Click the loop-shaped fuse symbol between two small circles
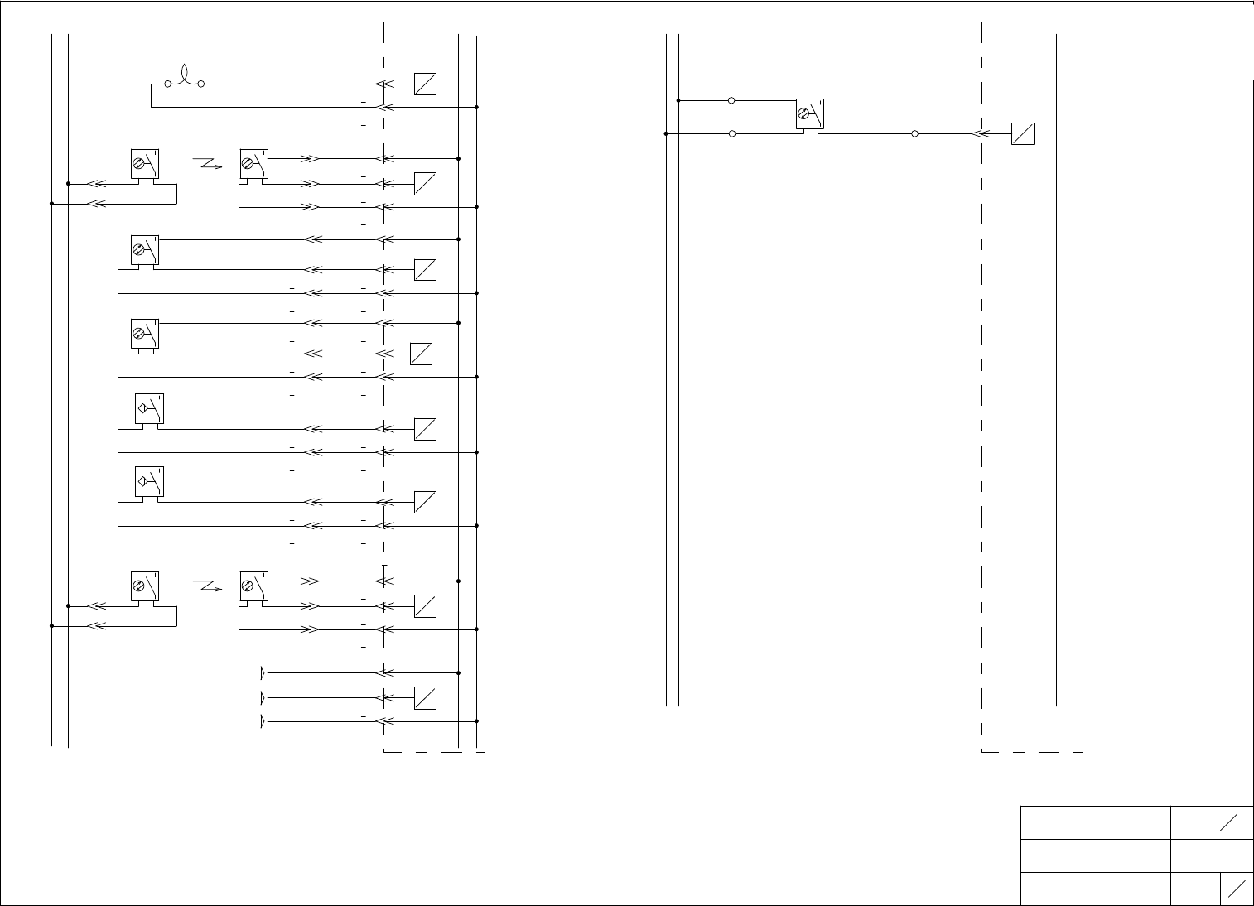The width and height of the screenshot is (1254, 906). [x=185, y=76]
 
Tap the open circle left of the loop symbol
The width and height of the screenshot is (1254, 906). [x=168, y=84]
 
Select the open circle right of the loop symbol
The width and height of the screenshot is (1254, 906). [x=201, y=84]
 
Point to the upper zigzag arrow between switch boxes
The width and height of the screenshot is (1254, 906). [x=207, y=163]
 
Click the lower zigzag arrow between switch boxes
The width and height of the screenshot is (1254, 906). [x=207, y=586]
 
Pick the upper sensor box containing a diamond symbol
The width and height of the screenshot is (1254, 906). [x=149, y=408]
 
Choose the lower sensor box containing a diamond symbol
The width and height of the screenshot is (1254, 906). [x=149, y=481]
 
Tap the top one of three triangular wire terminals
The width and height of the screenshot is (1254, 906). [x=263, y=672]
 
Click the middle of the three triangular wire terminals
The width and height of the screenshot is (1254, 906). [x=263, y=697]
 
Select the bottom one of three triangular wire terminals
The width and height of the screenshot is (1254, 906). [x=263, y=721]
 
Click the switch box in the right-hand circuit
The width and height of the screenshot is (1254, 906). [x=809, y=113]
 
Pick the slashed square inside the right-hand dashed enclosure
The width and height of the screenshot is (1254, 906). [x=1023, y=133]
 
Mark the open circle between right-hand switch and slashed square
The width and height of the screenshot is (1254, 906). [x=914, y=133]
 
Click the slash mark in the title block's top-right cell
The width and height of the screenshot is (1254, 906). [x=1228, y=822]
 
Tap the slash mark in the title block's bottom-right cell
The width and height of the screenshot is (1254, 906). [x=1237, y=889]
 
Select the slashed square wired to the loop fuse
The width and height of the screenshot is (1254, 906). [x=425, y=84]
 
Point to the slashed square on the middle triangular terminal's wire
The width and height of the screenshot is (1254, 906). [x=425, y=697]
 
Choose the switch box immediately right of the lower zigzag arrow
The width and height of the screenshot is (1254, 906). [x=253, y=586]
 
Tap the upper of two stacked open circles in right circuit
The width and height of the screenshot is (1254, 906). [x=731, y=100]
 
